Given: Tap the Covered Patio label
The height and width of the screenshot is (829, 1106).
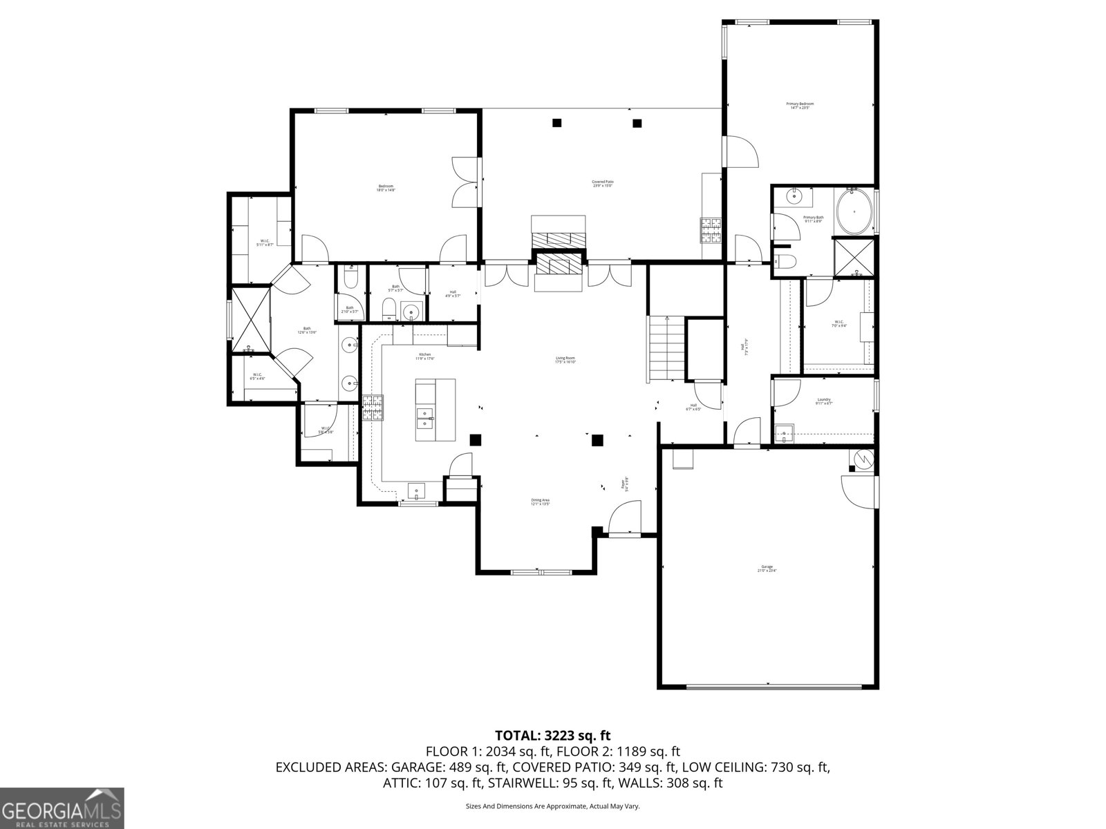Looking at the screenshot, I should tap(603, 184).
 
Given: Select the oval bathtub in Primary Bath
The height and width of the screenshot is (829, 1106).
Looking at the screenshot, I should tap(854, 211).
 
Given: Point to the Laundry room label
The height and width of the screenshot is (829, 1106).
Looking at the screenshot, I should tap(823, 401).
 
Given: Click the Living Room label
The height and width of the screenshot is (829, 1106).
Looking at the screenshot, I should tap(565, 359).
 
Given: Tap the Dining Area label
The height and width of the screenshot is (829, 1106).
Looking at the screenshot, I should tap(540, 502).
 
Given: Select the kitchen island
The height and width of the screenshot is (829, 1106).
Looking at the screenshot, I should tap(435, 410).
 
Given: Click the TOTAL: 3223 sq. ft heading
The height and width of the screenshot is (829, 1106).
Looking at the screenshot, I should tap(552, 735).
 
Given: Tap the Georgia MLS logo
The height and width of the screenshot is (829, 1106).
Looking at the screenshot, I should tap(62, 808).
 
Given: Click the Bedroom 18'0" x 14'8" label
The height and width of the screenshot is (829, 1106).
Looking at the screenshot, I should tap(385, 187).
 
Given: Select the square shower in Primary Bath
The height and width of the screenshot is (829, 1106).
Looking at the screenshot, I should tap(854, 257).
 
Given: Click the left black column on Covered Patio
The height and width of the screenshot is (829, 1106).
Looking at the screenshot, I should tap(556, 123).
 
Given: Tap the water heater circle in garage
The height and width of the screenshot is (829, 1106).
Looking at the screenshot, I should tap(863, 457).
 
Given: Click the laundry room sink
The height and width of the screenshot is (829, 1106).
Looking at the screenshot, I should tap(783, 433).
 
